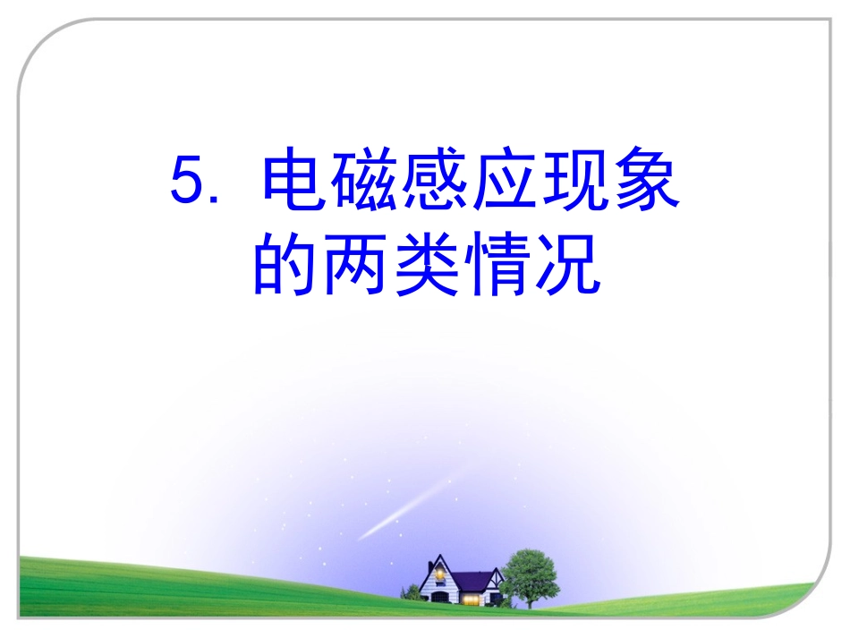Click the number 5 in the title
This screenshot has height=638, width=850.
[x=188, y=183]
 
